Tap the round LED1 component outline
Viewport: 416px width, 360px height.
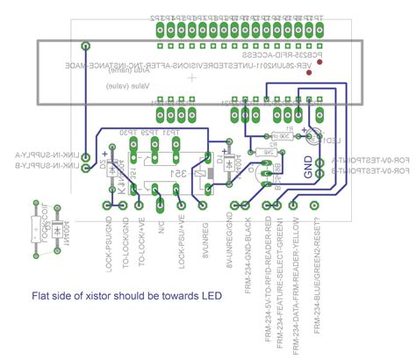click(x=313, y=133)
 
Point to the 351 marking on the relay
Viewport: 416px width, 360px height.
click(x=176, y=173)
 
